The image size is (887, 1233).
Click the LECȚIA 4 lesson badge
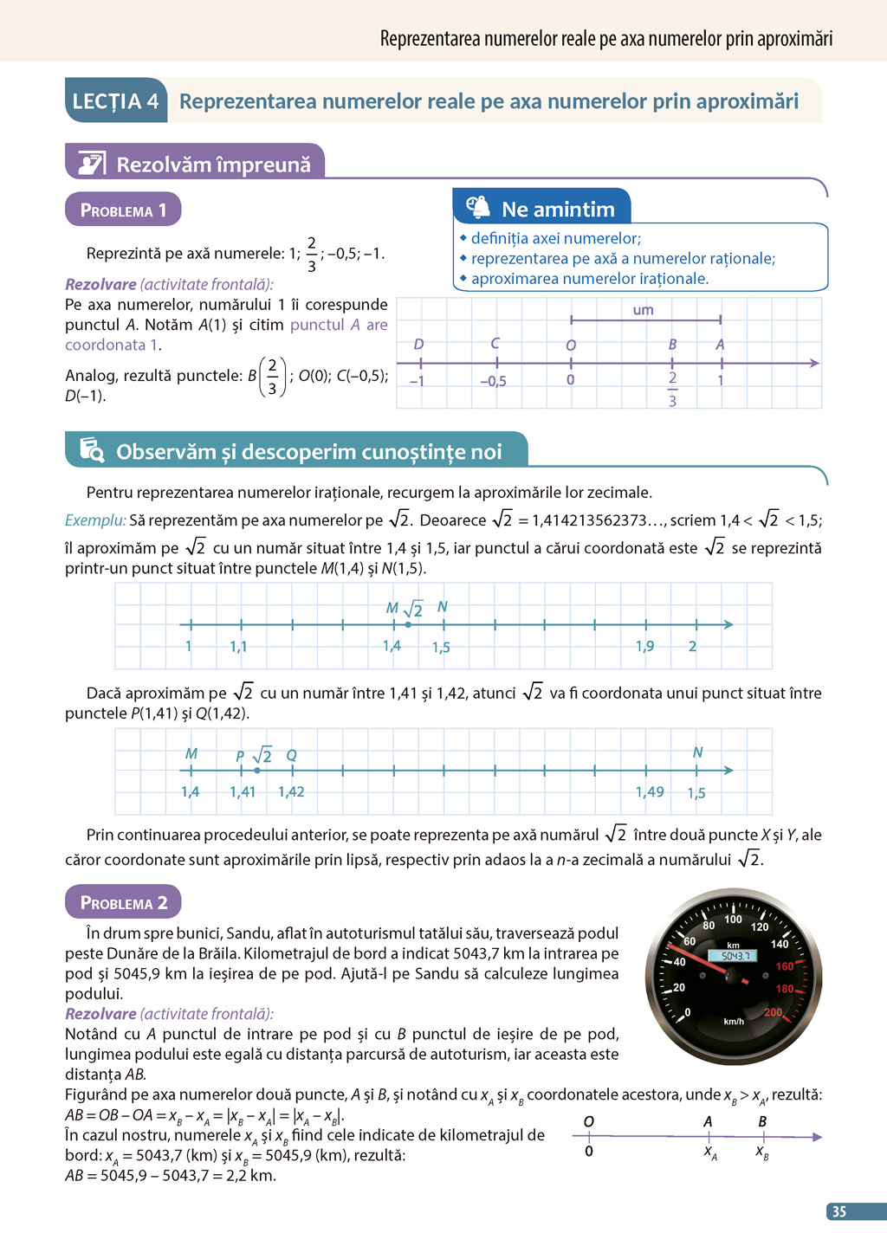click(115, 101)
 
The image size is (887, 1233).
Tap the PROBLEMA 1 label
click(123, 210)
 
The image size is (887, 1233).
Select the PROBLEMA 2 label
click(123, 903)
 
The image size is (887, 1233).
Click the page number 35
click(838, 1211)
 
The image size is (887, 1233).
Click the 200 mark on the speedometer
click(773, 1012)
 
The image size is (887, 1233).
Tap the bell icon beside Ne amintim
click(478, 208)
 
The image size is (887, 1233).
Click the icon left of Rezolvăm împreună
click(91, 163)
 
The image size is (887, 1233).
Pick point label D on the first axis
click(418, 345)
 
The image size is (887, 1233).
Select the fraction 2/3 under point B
click(672, 389)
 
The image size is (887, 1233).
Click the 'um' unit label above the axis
click(643, 310)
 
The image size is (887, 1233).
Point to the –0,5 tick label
click(493, 381)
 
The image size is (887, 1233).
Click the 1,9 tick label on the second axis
click(644, 647)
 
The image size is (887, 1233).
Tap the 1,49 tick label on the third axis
click(650, 792)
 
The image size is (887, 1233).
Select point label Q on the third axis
click(291, 756)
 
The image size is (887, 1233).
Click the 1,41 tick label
click(243, 792)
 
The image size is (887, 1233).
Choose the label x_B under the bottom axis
click(762, 1152)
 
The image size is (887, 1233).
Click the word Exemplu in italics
click(95, 520)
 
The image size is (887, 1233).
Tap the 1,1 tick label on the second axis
click(238, 647)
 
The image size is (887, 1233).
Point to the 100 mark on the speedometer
click(733, 920)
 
